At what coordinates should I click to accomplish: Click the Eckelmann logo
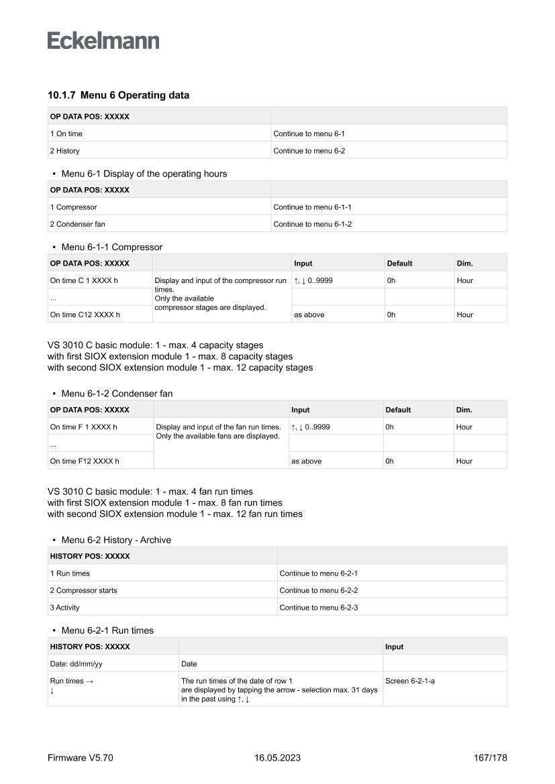103,41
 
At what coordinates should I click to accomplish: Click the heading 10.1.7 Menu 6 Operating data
118,95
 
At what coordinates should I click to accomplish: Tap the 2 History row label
64,151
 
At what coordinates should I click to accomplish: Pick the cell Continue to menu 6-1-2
312,225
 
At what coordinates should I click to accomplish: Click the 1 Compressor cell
73,207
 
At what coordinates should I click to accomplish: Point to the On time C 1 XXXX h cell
85,280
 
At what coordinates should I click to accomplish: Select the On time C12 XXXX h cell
85,315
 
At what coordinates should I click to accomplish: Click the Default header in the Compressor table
400,264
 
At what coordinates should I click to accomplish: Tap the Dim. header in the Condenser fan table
464,410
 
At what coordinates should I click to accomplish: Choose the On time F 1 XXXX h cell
84,427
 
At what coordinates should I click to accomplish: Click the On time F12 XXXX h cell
85,461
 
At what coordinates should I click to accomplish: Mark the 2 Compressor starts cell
83,591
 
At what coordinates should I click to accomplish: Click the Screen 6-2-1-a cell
410,681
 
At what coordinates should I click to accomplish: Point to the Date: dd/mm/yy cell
77,664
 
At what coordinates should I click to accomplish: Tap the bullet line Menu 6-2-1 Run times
107,630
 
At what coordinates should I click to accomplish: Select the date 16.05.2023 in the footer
277,759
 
